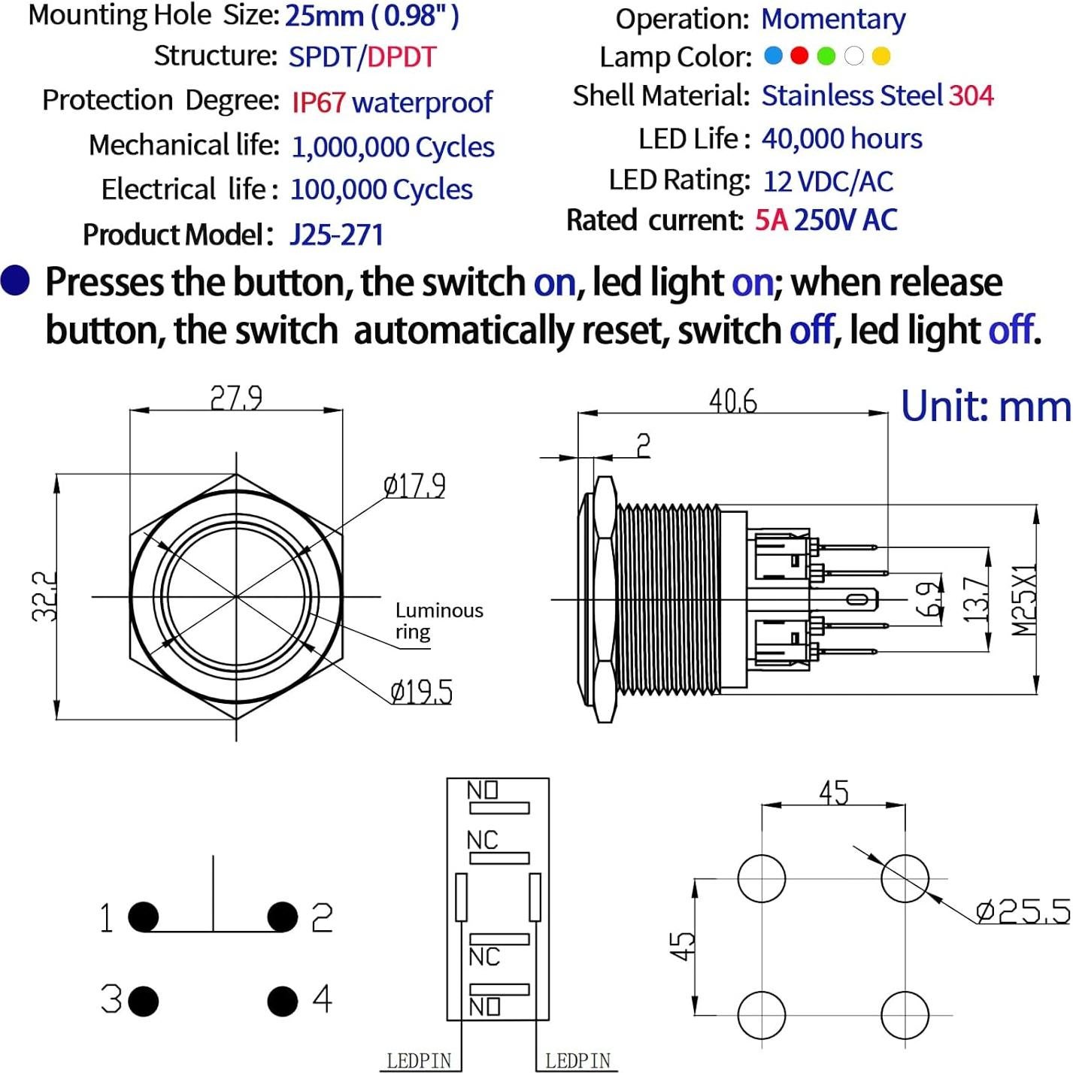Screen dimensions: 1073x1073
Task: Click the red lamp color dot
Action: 799,56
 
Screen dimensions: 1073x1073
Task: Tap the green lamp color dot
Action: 826,56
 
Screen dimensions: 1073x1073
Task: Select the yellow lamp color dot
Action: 881,56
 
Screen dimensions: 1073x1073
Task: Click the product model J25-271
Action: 336,235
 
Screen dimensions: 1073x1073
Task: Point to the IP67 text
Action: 318,102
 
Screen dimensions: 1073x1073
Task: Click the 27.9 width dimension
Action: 236,397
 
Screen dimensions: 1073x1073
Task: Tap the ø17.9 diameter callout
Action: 414,486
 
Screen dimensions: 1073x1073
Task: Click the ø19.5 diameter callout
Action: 422,691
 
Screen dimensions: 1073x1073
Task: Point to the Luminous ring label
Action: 438,620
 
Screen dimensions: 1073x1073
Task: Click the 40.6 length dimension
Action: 733,401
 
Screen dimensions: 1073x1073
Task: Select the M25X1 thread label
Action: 1023,599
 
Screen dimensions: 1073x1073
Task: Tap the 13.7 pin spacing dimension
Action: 976,599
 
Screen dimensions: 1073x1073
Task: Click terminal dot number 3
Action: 144,1001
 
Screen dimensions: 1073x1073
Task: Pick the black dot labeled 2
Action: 283,917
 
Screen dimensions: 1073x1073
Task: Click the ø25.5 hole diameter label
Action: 1023,911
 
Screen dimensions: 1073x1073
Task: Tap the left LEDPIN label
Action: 419,1060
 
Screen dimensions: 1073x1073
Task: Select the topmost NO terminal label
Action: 483,790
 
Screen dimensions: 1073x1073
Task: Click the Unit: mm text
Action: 986,406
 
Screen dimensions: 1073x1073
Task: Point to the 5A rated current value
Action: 771,220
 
